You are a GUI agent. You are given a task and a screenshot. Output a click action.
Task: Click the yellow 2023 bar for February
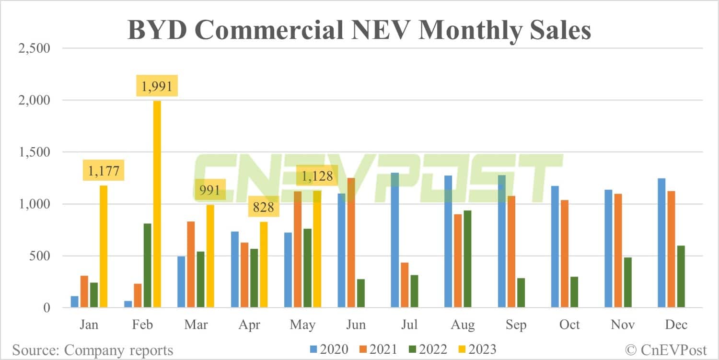pyautogui.click(x=157, y=204)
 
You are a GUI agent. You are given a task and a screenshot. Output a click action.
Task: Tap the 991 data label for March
pyautogui.click(x=209, y=190)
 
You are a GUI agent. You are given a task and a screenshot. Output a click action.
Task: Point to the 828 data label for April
pyautogui.click(x=263, y=207)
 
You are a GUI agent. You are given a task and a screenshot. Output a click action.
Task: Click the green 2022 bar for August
pyautogui.click(x=468, y=259)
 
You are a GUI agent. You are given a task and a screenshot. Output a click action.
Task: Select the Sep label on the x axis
pyautogui.click(x=516, y=325)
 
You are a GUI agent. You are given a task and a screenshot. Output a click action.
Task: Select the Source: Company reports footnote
pyautogui.click(x=93, y=349)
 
